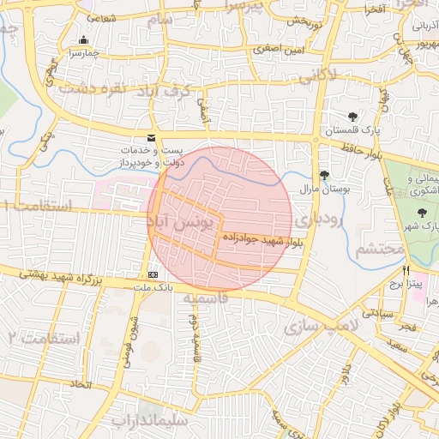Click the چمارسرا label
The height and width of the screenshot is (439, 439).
coord(83,53)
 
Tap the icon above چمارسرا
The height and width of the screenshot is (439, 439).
coord(83,40)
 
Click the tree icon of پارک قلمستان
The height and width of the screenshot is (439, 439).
coord(352,117)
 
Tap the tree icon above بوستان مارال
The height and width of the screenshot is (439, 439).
coord(323,175)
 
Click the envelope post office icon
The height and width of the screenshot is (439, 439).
coord(152,138)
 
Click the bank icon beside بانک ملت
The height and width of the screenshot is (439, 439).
coord(153,274)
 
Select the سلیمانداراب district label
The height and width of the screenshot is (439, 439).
coord(142,421)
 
